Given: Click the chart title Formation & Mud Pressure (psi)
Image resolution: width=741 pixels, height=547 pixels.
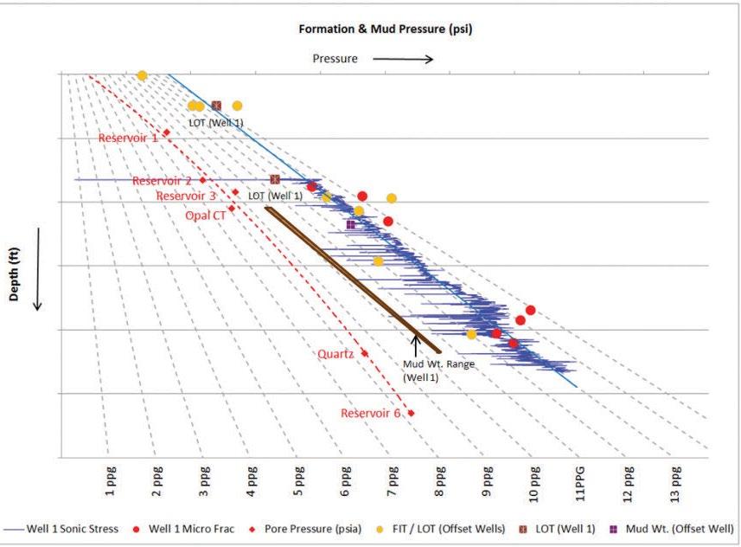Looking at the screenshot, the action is point(385,29).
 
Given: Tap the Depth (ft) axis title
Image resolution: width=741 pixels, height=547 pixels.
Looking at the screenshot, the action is point(14,274).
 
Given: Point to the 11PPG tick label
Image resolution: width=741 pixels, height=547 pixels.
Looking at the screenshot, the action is point(580,484).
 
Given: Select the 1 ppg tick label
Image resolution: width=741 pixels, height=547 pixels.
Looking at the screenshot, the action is point(110,481).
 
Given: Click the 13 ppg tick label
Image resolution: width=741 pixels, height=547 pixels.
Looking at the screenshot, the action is point(675,484).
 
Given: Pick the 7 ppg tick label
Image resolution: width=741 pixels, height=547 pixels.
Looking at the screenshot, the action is point(393,481).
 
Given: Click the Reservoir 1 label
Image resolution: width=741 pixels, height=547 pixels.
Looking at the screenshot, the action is point(128,138).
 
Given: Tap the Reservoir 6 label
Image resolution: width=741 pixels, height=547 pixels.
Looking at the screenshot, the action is point(370,414).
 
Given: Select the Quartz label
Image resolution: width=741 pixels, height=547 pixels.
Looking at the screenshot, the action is point(335,354).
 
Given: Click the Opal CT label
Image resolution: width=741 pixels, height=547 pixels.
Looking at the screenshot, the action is point(206,216).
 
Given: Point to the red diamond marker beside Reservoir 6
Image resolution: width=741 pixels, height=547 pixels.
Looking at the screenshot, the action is point(412,413).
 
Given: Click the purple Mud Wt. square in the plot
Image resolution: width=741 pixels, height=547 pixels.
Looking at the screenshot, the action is point(351,224).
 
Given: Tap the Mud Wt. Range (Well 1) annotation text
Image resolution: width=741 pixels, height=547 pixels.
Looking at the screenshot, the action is point(438,371).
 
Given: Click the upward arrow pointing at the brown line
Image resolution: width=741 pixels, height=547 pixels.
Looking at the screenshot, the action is point(416,345).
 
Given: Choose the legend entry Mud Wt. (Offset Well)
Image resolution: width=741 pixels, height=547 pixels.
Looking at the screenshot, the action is point(673,529).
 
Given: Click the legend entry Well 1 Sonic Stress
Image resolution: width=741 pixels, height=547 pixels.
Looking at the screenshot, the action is point(61,529).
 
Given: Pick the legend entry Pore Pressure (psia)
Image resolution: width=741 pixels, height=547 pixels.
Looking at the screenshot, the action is point(306,529).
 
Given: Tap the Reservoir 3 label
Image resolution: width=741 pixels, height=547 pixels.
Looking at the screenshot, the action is point(186,196).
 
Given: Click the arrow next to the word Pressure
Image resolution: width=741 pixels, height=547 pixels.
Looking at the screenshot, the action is point(403,59).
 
